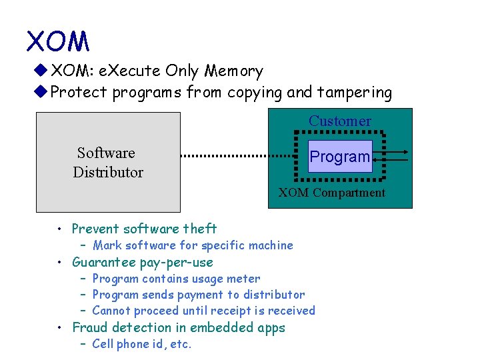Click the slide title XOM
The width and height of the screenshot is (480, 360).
coord(57,41)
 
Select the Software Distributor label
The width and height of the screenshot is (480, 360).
coord(107,163)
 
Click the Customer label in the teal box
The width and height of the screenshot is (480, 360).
coord(339,121)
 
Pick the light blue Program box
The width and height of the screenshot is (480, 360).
coord(340,157)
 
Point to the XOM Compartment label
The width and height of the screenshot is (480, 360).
coord(331,193)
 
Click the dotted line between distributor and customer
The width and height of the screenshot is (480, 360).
coord(237,156)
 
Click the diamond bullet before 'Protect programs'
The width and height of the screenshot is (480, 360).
coord(43,92)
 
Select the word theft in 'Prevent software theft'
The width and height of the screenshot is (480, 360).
coord(200,229)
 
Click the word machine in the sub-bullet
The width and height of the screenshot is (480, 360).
coord(270,245)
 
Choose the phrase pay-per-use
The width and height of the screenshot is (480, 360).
coord(177,262)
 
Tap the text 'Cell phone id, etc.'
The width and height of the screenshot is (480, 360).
coord(141,344)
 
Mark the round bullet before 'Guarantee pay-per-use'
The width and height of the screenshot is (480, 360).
coord(61,263)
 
